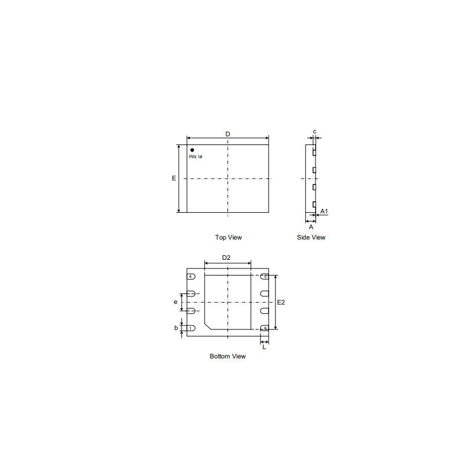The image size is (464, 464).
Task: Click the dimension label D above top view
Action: click(227, 134)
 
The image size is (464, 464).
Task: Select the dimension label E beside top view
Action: click(174, 178)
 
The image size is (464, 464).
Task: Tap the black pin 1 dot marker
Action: click(192, 150)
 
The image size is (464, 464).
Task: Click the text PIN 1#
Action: click(195, 157)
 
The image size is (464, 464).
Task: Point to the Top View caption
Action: click(229, 237)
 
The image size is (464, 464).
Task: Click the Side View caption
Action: click(311, 237)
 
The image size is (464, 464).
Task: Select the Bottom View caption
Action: click(227, 356)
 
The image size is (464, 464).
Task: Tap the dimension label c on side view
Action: click(314, 132)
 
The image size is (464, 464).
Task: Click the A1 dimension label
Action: click(324, 211)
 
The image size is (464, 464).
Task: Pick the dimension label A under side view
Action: click(311, 227)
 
